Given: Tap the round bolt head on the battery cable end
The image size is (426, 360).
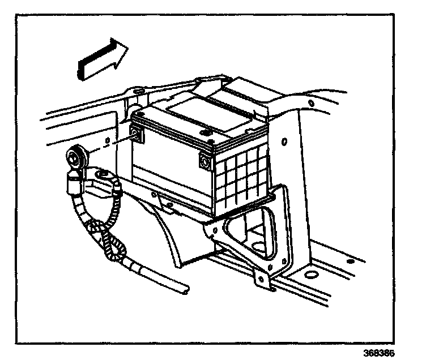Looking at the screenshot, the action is click(75, 155).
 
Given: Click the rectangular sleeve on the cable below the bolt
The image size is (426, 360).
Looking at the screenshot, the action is click(72, 182).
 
